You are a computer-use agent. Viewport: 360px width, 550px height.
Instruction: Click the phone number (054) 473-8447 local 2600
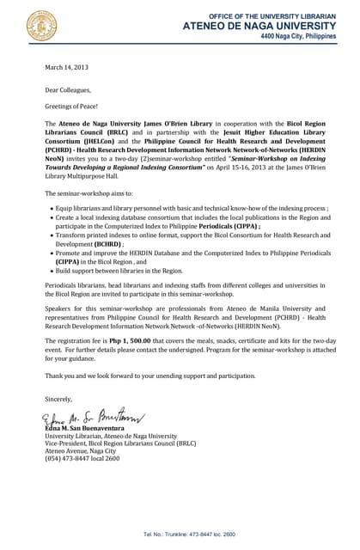(x=82, y=459)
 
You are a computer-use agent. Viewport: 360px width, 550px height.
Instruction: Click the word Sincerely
(x=59, y=399)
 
